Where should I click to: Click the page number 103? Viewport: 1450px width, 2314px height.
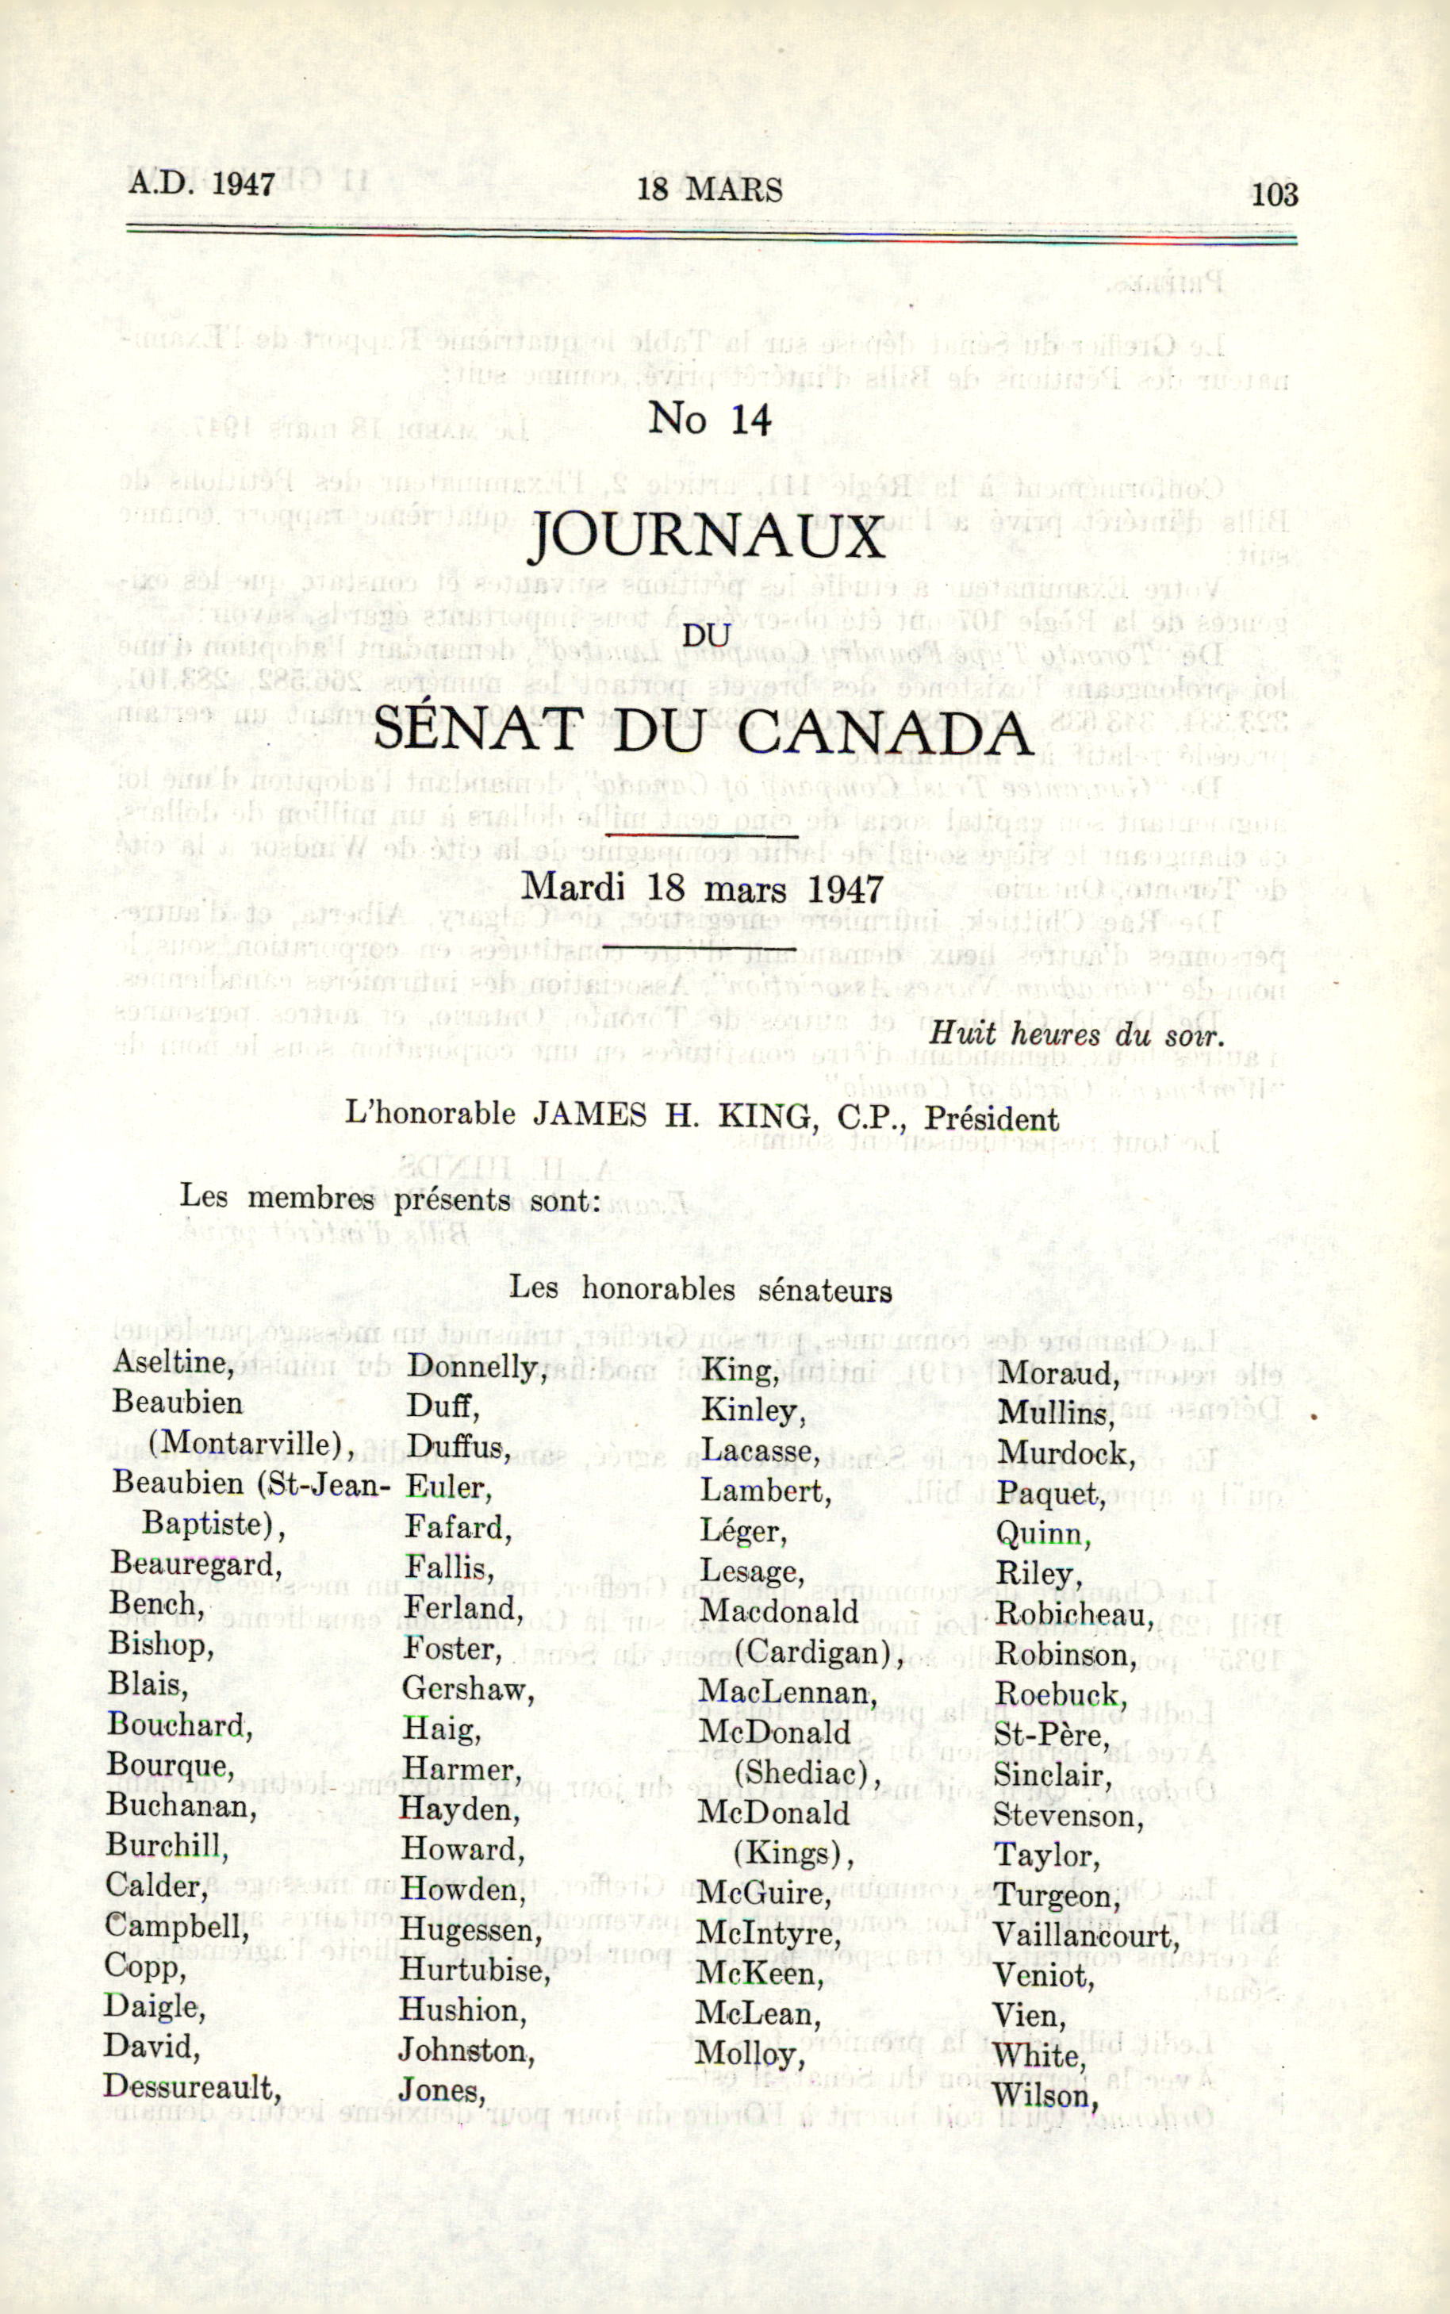click(x=1274, y=194)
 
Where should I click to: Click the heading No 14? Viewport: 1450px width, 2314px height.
click(x=710, y=419)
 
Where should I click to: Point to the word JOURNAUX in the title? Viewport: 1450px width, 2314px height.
click(x=708, y=537)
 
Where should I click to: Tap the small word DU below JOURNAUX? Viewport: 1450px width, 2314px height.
click(x=707, y=635)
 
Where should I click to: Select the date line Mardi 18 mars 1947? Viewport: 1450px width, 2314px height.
click(x=701, y=887)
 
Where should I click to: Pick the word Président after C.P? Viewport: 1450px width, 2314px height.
click(x=999, y=1119)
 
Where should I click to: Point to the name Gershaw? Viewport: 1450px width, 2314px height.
click(x=467, y=1689)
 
